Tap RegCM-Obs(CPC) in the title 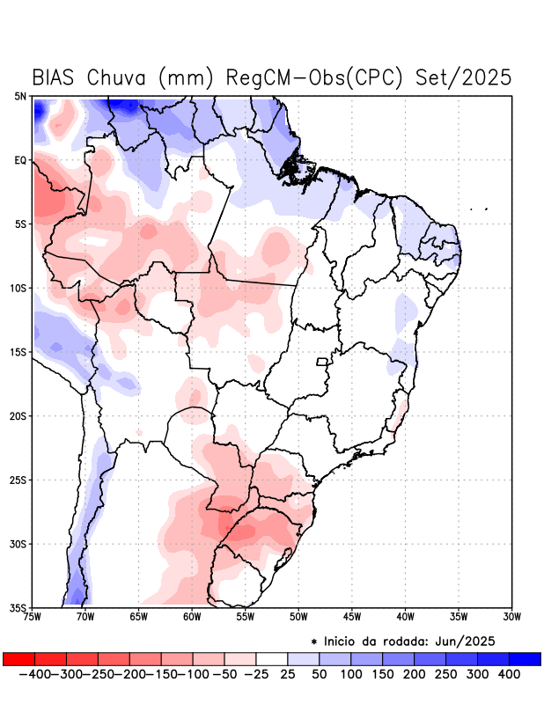tap(313, 77)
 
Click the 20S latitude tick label tap(18, 415)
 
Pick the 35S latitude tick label tap(18, 607)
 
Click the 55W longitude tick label tap(245, 617)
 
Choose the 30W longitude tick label tap(512, 617)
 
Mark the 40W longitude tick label tap(405, 617)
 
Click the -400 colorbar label tap(33, 674)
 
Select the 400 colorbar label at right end tap(508, 674)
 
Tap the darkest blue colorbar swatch tap(525, 659)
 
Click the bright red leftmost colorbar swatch tap(18, 659)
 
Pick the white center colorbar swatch tap(272, 659)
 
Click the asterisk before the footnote tap(314, 642)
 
